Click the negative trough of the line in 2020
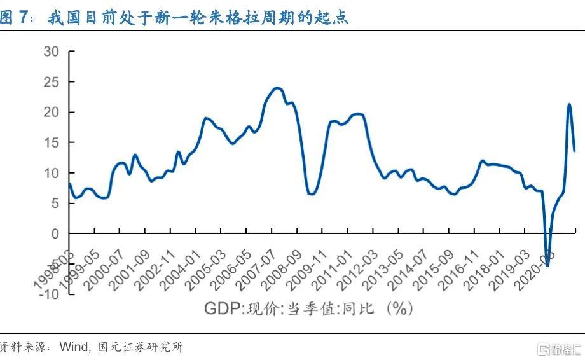(547, 265)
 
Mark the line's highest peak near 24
(277, 88)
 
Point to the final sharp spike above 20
(569, 104)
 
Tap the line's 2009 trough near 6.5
(311, 193)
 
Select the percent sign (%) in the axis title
(399, 309)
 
